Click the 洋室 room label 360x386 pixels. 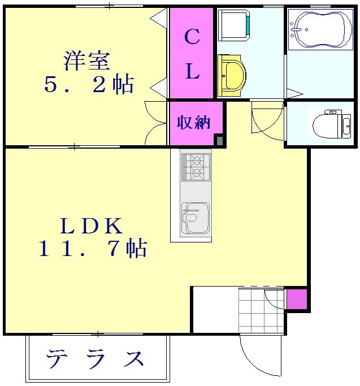[x=86, y=60]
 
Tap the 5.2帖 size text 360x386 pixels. [x=89, y=85]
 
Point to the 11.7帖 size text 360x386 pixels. [x=93, y=249]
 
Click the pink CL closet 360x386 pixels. [x=192, y=54]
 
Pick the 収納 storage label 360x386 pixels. [x=194, y=123]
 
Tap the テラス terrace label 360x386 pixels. [x=96, y=358]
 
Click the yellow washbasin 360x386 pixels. [x=232, y=75]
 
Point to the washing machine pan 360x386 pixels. [x=234, y=25]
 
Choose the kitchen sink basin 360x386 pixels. [x=195, y=218]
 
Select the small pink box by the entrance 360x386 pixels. [x=297, y=299]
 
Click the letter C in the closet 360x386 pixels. [x=192, y=37]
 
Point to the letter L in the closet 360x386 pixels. [x=192, y=72]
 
